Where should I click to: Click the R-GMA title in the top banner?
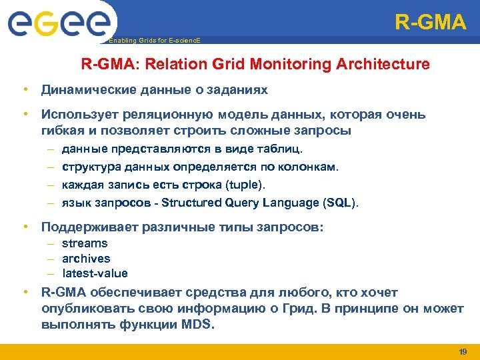[430, 23]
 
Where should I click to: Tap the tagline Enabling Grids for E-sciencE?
[154, 41]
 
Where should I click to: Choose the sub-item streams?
[85, 244]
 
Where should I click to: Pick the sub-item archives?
[86, 259]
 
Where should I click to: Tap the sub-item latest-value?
[95, 273]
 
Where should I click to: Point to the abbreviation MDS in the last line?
[197, 325]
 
